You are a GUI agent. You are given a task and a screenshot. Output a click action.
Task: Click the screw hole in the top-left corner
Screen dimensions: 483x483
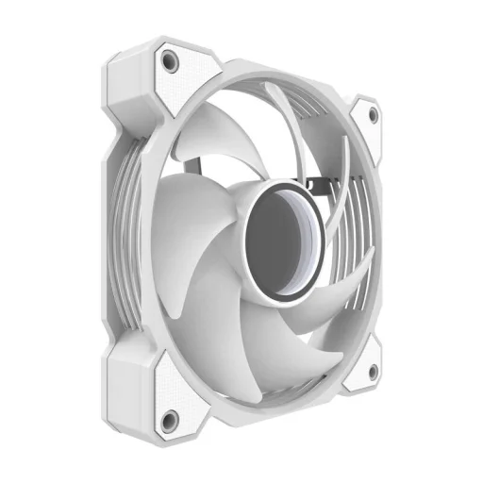click(x=172, y=60)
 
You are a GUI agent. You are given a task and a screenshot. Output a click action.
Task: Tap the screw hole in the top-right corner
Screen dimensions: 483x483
click(x=373, y=115)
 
